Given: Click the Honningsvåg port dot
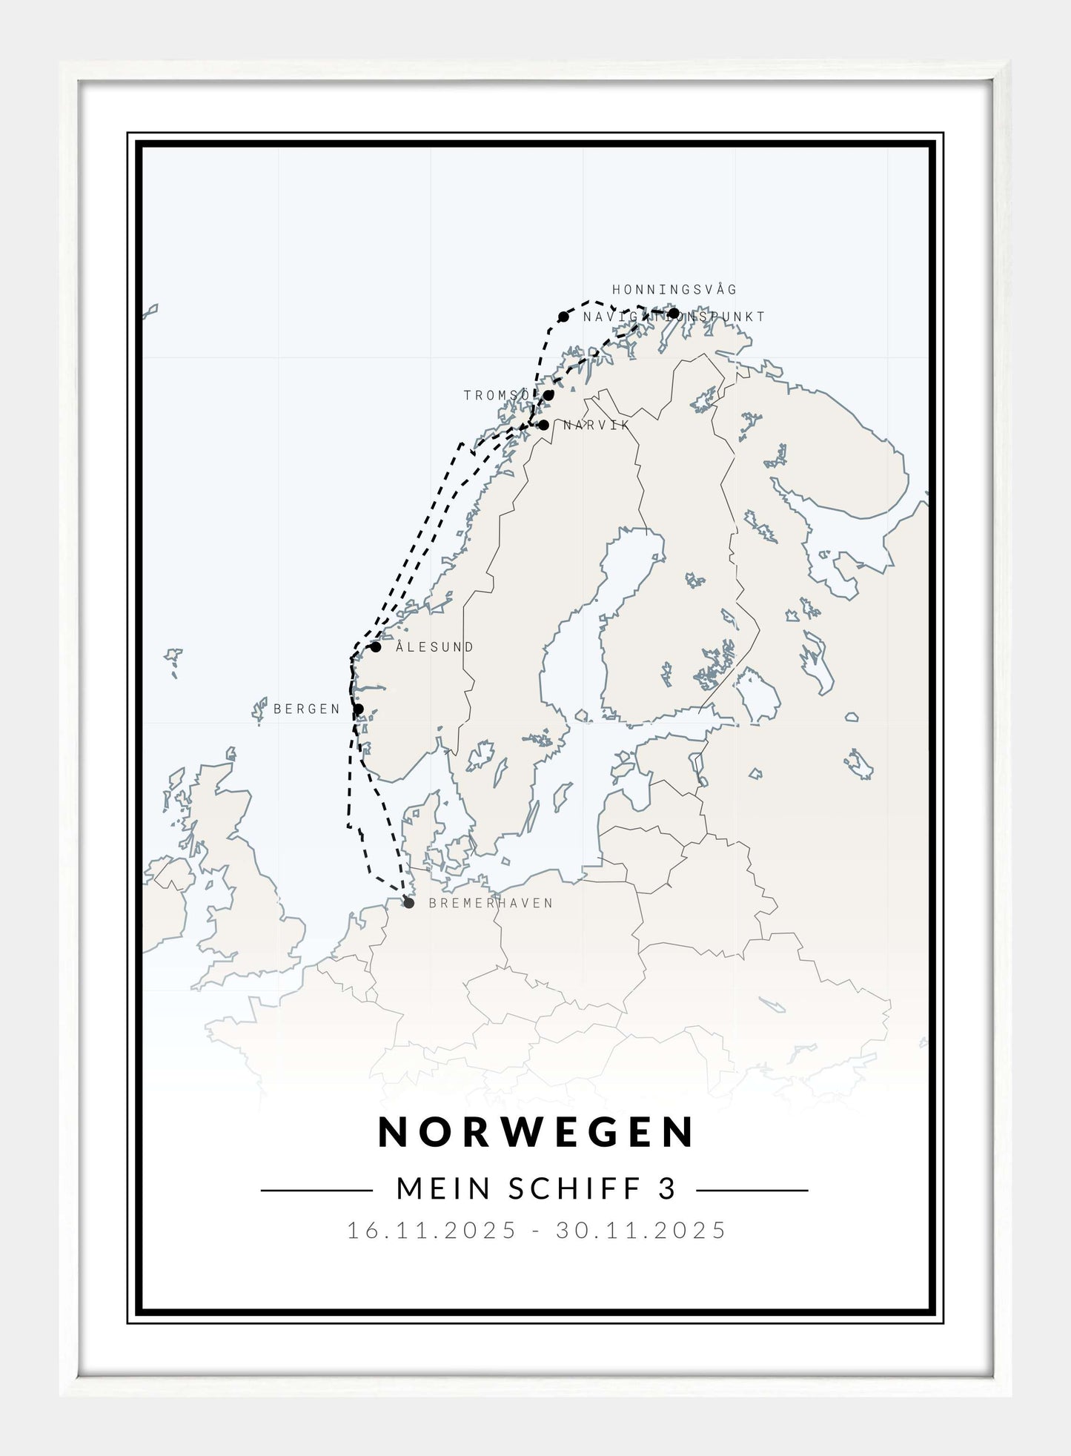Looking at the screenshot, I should (674, 312).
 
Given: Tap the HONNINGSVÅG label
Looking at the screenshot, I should (674, 290).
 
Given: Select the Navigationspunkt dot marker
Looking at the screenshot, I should (563, 317).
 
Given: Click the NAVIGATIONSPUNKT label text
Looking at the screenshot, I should (674, 317).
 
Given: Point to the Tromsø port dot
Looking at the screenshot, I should (548, 395).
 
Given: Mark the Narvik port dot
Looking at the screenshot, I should (544, 426).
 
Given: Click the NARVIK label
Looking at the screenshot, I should (596, 426).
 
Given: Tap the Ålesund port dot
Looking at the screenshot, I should (376, 647).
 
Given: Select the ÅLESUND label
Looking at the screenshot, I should (434, 647).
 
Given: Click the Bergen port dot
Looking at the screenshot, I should (359, 709).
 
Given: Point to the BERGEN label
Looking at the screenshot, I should (307, 709).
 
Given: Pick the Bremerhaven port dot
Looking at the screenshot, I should (408, 903).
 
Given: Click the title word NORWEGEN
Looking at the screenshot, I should (536, 1133).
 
